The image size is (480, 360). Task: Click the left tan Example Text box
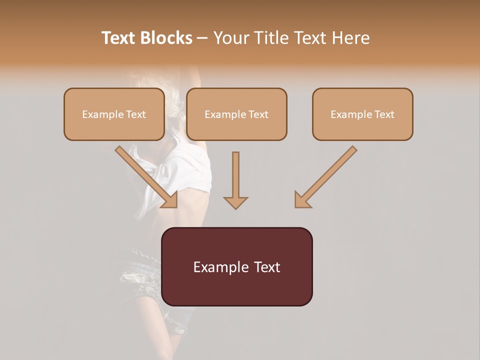point(114,114)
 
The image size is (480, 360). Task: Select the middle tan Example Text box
point(236,114)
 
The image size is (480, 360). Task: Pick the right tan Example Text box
point(362,114)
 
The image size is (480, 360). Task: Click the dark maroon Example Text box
point(236,267)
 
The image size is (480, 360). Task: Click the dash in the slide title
point(203,38)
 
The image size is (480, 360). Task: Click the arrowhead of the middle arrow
point(235,202)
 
